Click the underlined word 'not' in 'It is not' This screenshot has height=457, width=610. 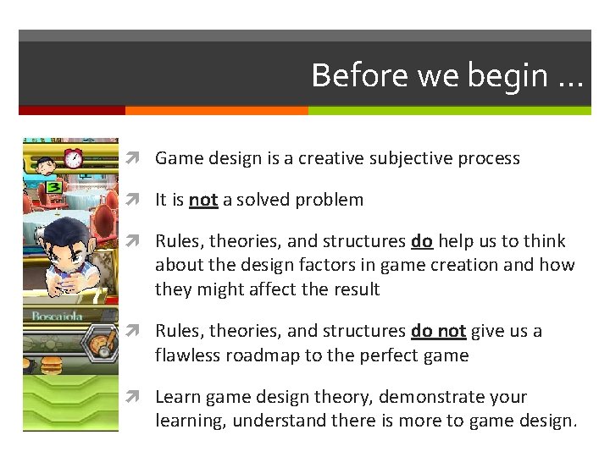203,201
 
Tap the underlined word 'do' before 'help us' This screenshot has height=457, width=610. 422,242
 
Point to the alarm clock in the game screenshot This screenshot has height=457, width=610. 73,157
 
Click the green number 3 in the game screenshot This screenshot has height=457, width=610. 53,186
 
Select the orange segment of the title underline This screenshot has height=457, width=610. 216,110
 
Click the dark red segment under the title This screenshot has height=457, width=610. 72,110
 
